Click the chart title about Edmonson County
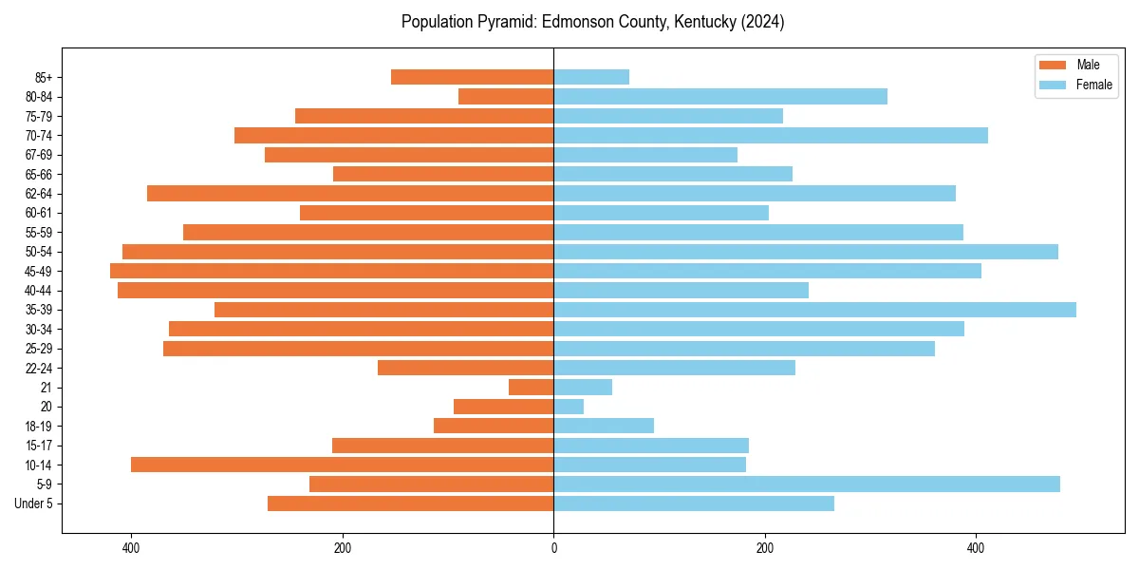click(592, 22)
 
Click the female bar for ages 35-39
click(814, 310)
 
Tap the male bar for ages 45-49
click(332, 271)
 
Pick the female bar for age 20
click(569, 407)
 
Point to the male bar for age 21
click(532, 388)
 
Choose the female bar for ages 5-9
click(807, 484)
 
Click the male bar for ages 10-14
click(343, 465)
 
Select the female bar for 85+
click(591, 77)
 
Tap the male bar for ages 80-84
click(506, 97)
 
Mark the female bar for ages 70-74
click(771, 135)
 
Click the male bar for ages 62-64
click(350, 194)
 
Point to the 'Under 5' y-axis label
click(33, 503)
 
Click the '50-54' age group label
click(39, 252)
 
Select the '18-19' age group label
click(39, 427)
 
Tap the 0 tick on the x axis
click(553, 548)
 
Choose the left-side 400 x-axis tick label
click(131, 548)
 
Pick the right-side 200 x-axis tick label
click(764, 548)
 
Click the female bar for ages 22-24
click(674, 368)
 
